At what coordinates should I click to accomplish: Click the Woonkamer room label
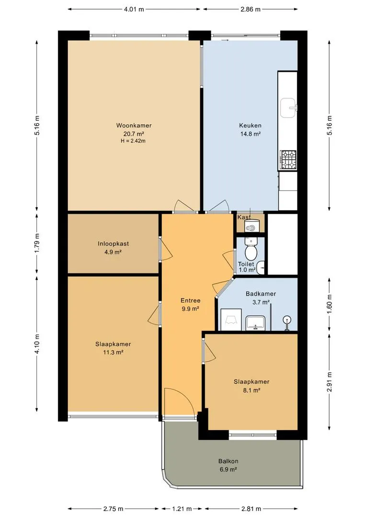coord(134,126)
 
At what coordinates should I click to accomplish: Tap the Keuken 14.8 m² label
coord(250,129)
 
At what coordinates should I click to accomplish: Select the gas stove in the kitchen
coord(288,160)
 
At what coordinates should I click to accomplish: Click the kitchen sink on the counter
coord(288,108)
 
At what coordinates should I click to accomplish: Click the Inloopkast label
coord(113,244)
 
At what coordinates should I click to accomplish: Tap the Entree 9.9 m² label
coord(191,305)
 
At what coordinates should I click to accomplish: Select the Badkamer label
coord(261,294)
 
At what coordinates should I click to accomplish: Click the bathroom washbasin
coord(255,323)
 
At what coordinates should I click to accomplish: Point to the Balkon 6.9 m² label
coord(228,465)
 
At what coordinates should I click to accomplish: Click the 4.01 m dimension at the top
coord(134,9)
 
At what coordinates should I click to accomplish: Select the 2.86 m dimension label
coord(250,9)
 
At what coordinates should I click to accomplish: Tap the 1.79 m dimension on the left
coord(37,243)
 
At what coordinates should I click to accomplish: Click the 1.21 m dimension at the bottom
coord(182,509)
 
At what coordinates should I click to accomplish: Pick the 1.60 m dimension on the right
coord(330,304)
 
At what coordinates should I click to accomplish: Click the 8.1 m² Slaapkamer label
coord(252,386)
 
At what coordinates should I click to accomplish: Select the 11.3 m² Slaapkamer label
coord(113,348)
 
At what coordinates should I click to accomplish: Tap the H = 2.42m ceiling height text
coord(133,141)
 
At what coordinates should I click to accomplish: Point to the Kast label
coord(243,217)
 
